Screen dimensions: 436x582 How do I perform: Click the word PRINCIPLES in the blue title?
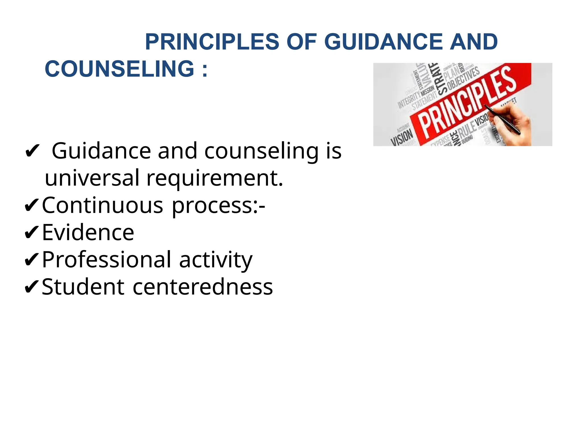coord(212,42)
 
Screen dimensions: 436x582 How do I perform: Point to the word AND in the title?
coord(474,42)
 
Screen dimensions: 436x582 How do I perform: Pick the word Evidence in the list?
coord(88,232)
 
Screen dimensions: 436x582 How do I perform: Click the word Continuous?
coord(103,205)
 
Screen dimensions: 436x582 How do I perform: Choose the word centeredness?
coord(203,287)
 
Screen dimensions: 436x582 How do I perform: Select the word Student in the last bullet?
coord(83,287)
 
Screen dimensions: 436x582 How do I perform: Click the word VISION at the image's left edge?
coord(402,137)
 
